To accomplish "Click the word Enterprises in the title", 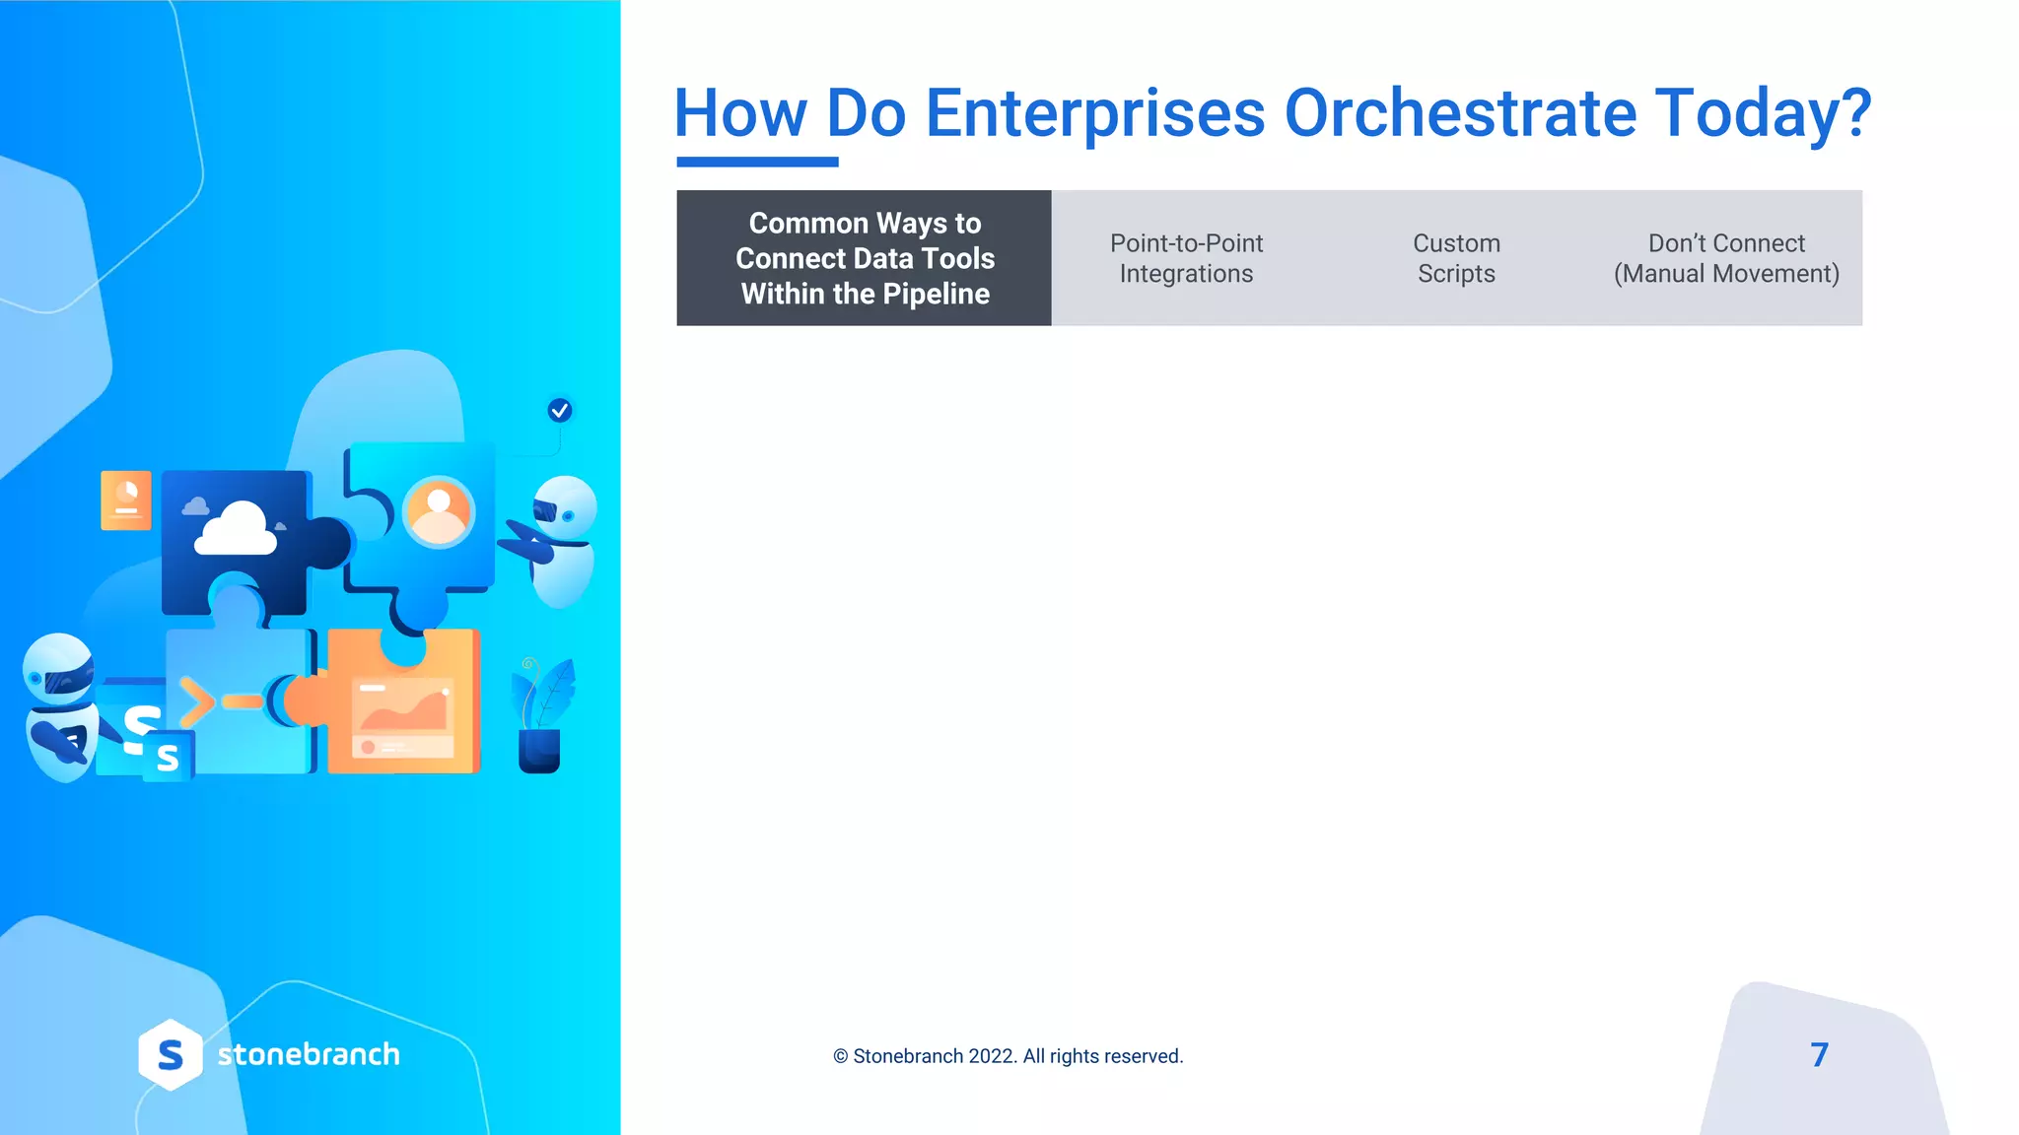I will [1094, 114].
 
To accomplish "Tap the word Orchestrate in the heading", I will [1459, 114].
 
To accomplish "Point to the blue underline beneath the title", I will [757, 162].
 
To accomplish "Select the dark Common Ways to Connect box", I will [864, 258].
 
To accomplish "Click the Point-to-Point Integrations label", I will [1186, 258].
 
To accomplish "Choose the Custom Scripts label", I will [1456, 258].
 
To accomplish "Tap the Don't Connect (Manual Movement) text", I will [1726, 258].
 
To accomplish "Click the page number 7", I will [1819, 1055].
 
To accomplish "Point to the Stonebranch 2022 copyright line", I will [1008, 1056].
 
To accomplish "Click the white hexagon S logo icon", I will [171, 1055].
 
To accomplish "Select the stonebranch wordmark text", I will [309, 1055].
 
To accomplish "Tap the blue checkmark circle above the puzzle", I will [560, 411].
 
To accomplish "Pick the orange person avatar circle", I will [439, 511].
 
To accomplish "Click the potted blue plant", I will [540, 719].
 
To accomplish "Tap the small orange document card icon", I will [126, 501].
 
